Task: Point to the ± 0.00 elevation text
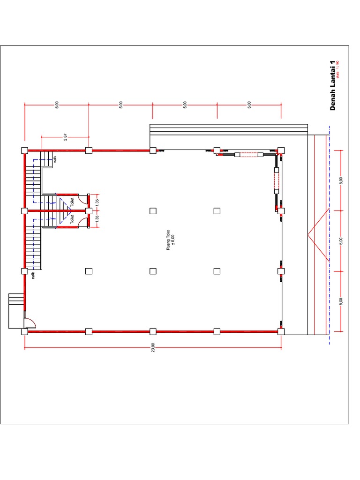tap(173, 240)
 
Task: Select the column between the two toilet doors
tap(89, 211)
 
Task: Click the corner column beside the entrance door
tap(24, 332)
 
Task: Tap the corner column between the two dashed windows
tap(281, 150)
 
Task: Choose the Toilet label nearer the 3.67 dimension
tap(72, 202)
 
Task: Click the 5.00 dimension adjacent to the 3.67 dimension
tap(57, 105)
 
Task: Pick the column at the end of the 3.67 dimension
tap(89, 150)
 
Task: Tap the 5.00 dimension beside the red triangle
tap(342, 240)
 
